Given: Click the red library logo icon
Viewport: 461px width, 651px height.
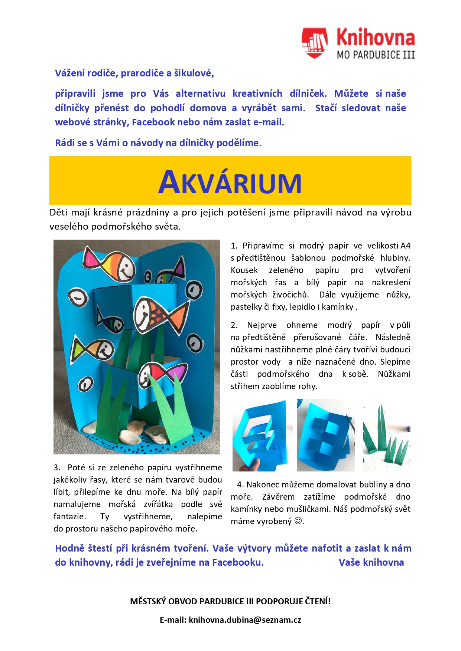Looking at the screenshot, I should [314, 43].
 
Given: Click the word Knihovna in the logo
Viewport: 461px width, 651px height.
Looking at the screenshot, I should [375, 38].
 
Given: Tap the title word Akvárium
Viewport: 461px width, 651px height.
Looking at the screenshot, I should [230, 182].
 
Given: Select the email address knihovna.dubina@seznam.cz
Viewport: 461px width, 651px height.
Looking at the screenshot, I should [245, 620].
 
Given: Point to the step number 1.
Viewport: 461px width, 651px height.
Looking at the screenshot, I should [234, 246].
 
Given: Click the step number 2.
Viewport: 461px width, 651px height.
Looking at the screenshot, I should [234, 325].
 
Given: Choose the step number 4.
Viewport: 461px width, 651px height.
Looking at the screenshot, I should [240, 484].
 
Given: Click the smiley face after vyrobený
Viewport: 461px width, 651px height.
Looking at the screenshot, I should [298, 521].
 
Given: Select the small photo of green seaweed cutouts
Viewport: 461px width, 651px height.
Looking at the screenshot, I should [386, 435].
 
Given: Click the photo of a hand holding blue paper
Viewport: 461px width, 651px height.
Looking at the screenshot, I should [260, 435].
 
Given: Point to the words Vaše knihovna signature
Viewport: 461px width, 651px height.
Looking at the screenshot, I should [371, 562].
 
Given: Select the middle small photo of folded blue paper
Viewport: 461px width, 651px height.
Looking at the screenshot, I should [325, 435].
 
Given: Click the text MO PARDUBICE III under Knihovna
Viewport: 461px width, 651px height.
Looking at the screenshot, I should [375, 55].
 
